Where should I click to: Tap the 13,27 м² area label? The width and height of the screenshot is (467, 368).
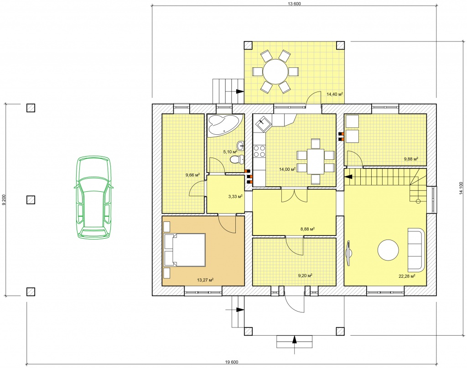pos(205,280)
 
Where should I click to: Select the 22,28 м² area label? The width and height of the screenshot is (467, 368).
pos(407,276)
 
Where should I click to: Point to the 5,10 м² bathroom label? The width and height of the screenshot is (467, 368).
pos(230,152)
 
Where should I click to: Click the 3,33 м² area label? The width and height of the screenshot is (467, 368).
pos(235,196)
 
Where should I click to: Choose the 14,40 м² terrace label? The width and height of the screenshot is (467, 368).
pos(335,94)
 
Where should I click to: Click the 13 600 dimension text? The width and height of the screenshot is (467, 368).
pos(294,4)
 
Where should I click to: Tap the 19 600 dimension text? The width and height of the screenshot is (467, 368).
pos(232,362)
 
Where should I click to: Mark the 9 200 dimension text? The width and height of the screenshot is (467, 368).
pos(4,200)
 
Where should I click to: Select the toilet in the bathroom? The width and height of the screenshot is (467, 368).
pos(237,159)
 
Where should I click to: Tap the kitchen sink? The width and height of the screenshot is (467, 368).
pos(263,124)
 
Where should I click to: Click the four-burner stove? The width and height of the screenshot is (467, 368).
pos(259,151)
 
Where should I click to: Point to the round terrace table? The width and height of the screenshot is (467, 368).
pos(275,72)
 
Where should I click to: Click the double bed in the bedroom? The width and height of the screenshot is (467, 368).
pos(185,250)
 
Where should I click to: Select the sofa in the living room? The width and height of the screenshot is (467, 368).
pos(415,250)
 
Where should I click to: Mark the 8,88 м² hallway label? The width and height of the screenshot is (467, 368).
pos(308,230)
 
